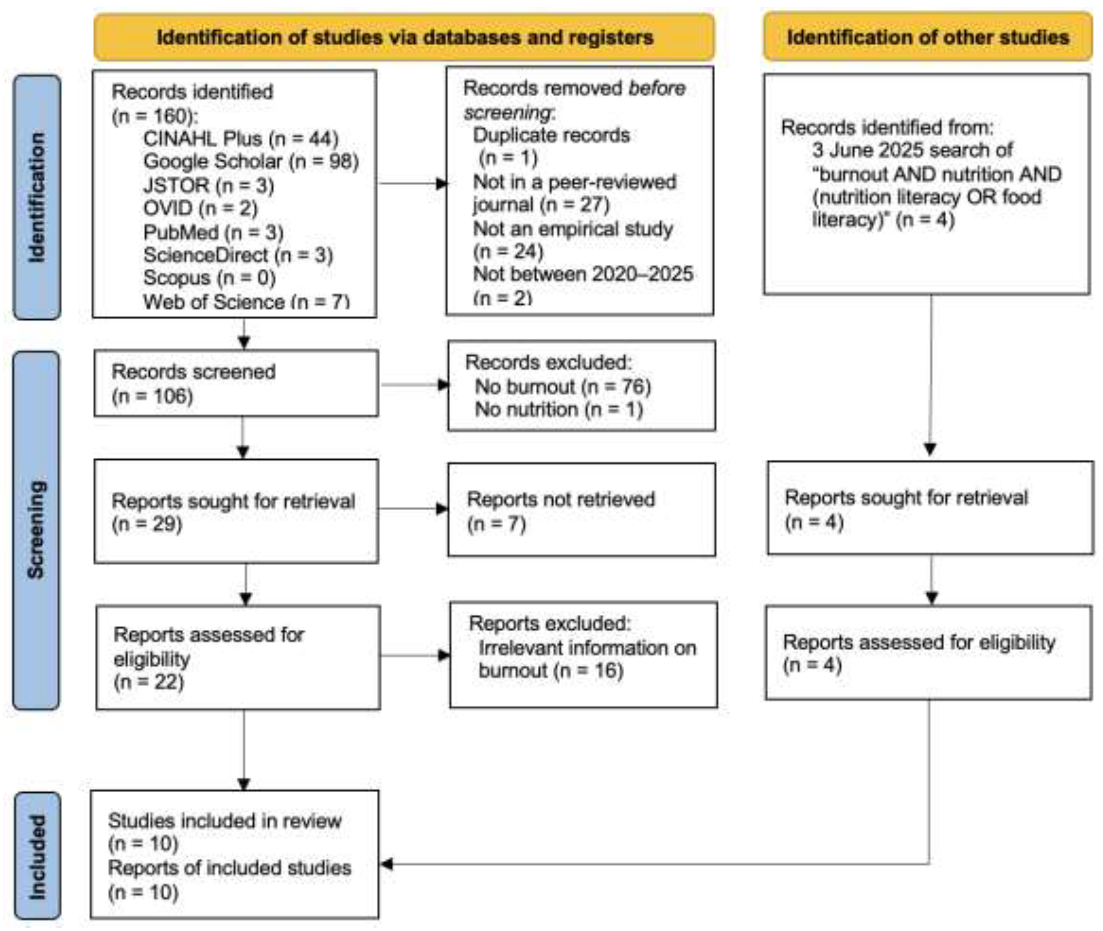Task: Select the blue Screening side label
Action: (x=36, y=530)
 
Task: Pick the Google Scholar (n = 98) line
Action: (x=251, y=161)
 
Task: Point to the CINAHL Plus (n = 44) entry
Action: (x=241, y=139)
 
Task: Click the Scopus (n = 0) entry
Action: (x=210, y=278)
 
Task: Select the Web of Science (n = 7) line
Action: (x=246, y=301)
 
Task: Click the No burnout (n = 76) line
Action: (x=563, y=387)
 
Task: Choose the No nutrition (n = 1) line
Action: (x=559, y=409)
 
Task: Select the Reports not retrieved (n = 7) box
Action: (x=581, y=510)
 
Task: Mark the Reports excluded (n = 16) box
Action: (x=584, y=655)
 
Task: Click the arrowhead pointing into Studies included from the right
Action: (x=386, y=864)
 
